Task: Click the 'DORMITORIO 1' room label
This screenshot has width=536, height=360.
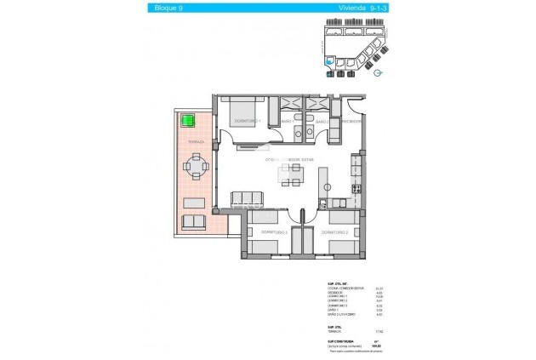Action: [248, 121]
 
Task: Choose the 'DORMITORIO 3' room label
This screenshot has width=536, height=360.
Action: [273, 231]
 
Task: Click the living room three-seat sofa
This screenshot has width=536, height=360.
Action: [248, 200]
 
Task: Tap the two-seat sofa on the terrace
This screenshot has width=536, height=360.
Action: [194, 222]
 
